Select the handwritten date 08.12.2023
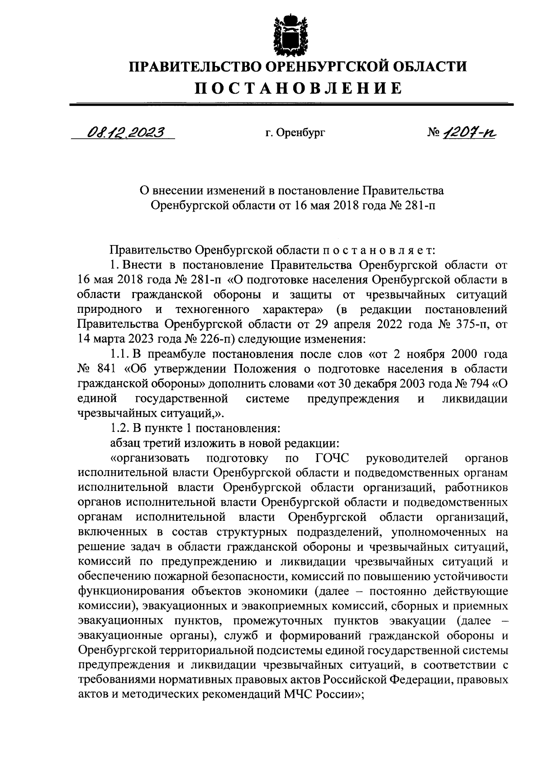pyautogui.click(x=126, y=132)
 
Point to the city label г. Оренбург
pyautogui.click(x=295, y=133)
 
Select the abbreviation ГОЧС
pyautogui.click(x=332, y=458)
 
